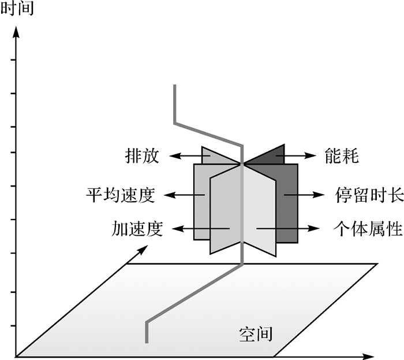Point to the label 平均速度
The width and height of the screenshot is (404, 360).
[x=119, y=195]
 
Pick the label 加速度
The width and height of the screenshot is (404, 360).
[x=138, y=229]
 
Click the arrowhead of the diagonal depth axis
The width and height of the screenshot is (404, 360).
[x=140, y=250]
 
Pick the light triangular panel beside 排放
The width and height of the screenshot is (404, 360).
[x=216, y=155]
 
